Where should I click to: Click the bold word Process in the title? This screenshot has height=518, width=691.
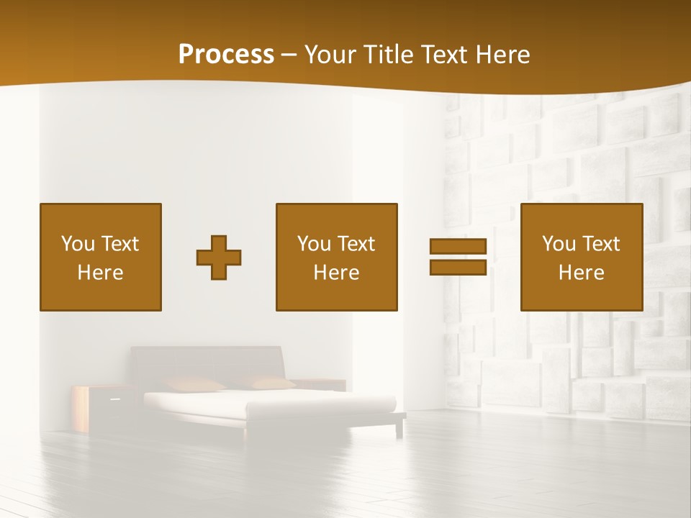click(x=226, y=55)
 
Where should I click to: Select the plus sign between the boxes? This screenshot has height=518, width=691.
click(x=219, y=258)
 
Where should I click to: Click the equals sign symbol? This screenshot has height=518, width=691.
click(x=458, y=257)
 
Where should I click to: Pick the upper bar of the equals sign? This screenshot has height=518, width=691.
click(x=458, y=247)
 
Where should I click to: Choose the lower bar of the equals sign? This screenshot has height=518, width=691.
click(x=458, y=267)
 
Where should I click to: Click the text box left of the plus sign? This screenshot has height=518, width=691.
click(x=101, y=257)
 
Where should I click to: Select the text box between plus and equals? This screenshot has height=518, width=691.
click(x=337, y=257)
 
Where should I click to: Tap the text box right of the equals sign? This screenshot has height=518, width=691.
click(x=582, y=257)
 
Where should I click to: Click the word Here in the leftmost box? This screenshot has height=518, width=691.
click(x=101, y=273)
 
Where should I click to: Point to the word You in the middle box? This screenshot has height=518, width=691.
click(x=314, y=244)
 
